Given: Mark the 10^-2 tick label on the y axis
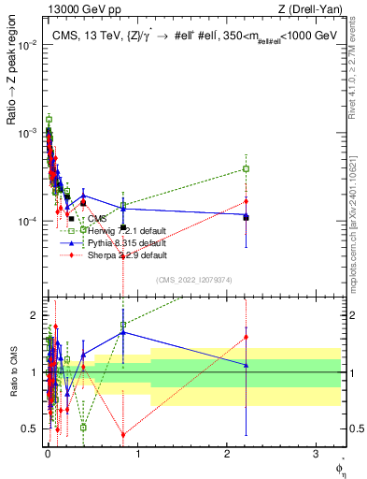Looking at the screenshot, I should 28,44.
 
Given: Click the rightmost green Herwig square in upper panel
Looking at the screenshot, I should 246,168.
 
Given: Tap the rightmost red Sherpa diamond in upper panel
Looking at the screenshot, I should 246,201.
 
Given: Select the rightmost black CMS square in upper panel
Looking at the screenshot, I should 246,217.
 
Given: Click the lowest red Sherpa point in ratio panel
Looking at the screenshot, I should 123,434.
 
